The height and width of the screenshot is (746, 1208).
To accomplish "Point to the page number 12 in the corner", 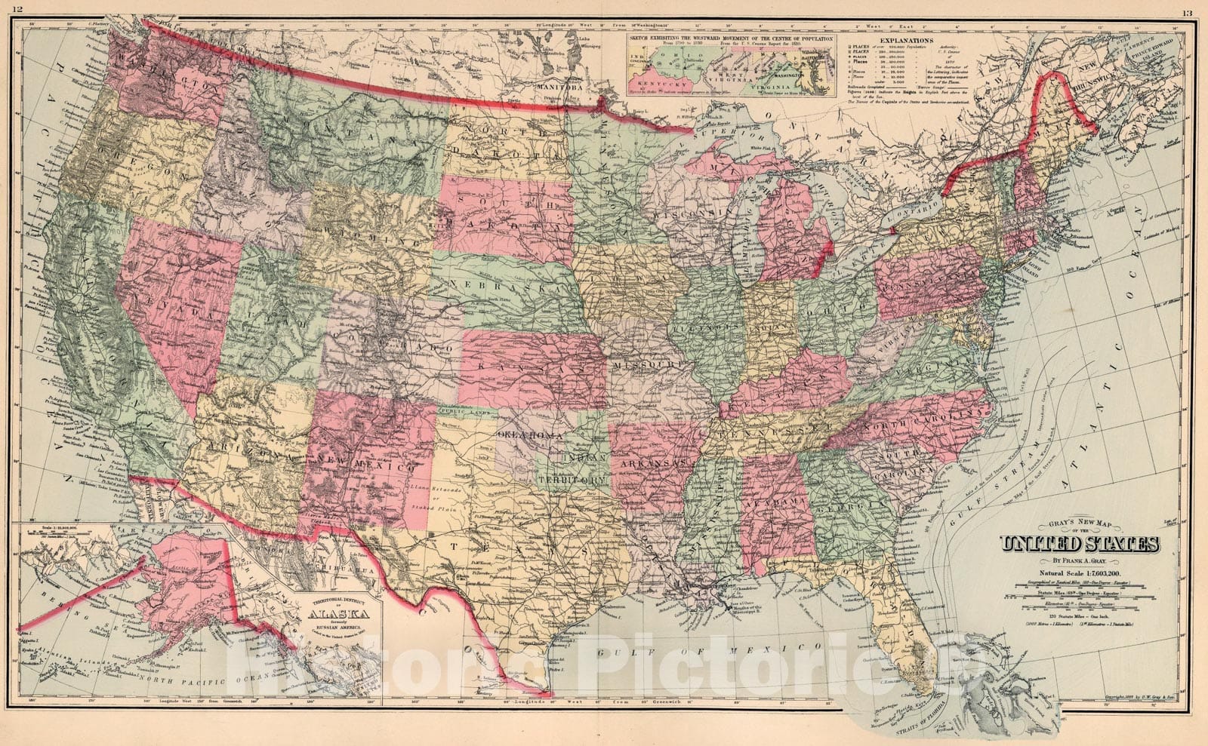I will [x=17, y=9].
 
